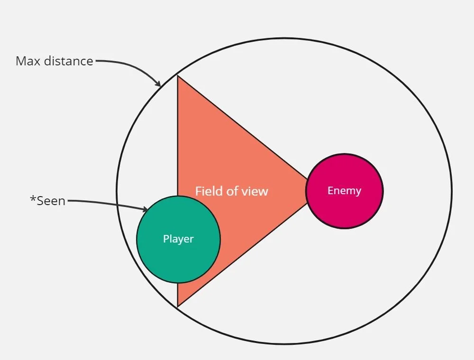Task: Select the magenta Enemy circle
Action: pos(345,208)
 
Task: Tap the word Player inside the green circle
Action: pos(178,239)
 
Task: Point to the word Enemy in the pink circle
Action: pos(345,191)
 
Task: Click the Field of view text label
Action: pos(232,191)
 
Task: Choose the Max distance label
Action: pos(55,61)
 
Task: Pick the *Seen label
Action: pos(47,201)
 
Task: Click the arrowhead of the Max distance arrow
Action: pos(158,84)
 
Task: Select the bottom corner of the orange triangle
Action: pos(178,305)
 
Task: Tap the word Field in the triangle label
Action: pos(208,191)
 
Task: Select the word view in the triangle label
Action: pos(256,191)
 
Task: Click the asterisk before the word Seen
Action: pos(33,199)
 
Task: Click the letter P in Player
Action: pos(166,239)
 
